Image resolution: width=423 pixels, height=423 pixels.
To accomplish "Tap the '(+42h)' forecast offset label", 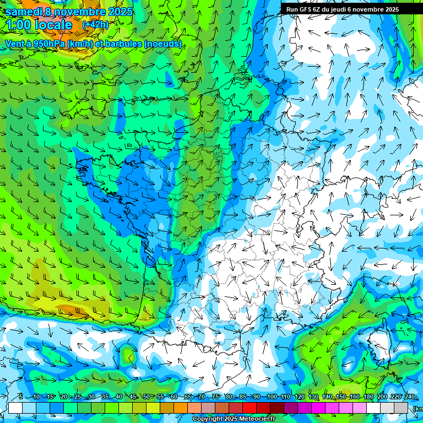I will (x=95, y=25).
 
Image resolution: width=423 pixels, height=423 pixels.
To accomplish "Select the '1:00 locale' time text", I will (x=39, y=25).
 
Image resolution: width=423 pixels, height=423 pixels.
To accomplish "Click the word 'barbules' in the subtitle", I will (x=122, y=44).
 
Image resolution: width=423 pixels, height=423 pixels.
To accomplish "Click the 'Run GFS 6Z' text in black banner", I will (x=303, y=9).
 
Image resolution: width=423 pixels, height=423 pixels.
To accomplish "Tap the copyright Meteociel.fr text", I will (x=234, y=419).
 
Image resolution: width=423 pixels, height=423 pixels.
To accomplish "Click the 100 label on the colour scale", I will (x=272, y=397).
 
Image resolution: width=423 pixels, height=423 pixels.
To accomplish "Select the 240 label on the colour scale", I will (x=410, y=397).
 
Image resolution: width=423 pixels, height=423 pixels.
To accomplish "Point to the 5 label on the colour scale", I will (x=20, y=397).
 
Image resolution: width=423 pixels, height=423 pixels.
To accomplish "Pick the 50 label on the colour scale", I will (x=146, y=397).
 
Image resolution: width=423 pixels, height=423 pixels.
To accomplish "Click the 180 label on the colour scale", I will (x=368, y=397).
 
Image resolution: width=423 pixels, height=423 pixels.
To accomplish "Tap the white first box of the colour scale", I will (x=15, y=408).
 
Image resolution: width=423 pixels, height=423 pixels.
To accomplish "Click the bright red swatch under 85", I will (x=250, y=408).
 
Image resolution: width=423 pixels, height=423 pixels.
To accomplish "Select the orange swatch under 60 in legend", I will (x=181, y=408).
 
